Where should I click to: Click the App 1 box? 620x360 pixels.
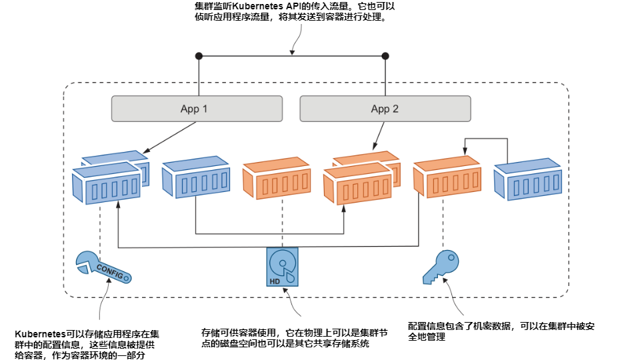point(195,109)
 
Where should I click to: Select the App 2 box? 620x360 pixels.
point(385,109)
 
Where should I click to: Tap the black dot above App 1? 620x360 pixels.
point(198,55)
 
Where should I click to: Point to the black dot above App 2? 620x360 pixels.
point(386,55)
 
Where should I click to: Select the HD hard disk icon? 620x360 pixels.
point(283,268)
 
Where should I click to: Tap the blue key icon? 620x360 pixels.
point(440,267)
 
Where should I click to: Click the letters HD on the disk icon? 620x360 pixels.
point(275,281)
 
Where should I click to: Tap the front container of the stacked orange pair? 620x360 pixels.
point(357,186)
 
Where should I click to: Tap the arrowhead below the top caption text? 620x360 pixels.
point(291,53)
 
